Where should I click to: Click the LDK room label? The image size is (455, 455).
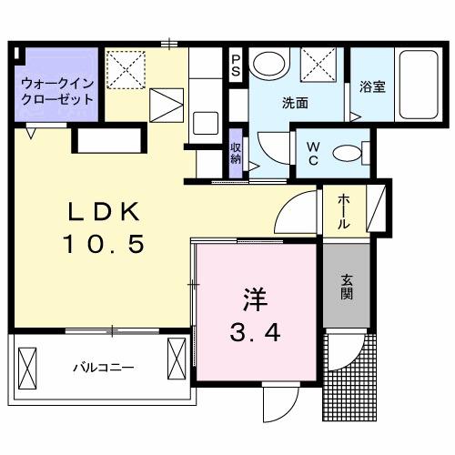pyautogui.click(x=102, y=212)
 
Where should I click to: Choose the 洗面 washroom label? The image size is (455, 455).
pyautogui.click(x=294, y=103)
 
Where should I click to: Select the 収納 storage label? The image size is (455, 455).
pyautogui.click(x=236, y=152)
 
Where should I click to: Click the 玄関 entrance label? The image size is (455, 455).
pyautogui.click(x=347, y=288)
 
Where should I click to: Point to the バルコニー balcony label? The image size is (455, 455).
pyautogui.click(x=104, y=369)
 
